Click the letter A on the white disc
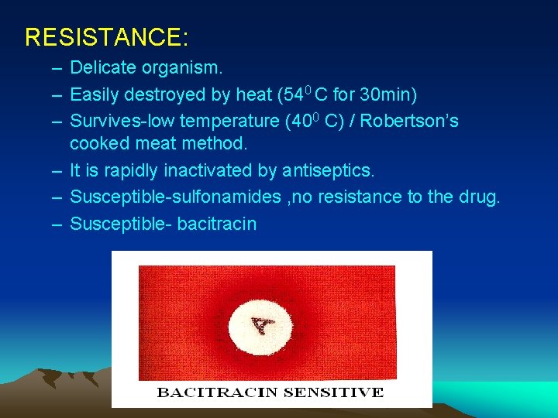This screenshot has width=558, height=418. pyautogui.click(x=263, y=323)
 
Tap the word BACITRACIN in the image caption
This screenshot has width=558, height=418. pyautogui.click(x=216, y=392)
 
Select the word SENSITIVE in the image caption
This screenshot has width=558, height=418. pyautogui.click(x=332, y=392)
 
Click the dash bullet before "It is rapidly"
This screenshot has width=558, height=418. pyautogui.click(x=57, y=170)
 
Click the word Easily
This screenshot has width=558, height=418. pyautogui.click(x=93, y=94)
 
